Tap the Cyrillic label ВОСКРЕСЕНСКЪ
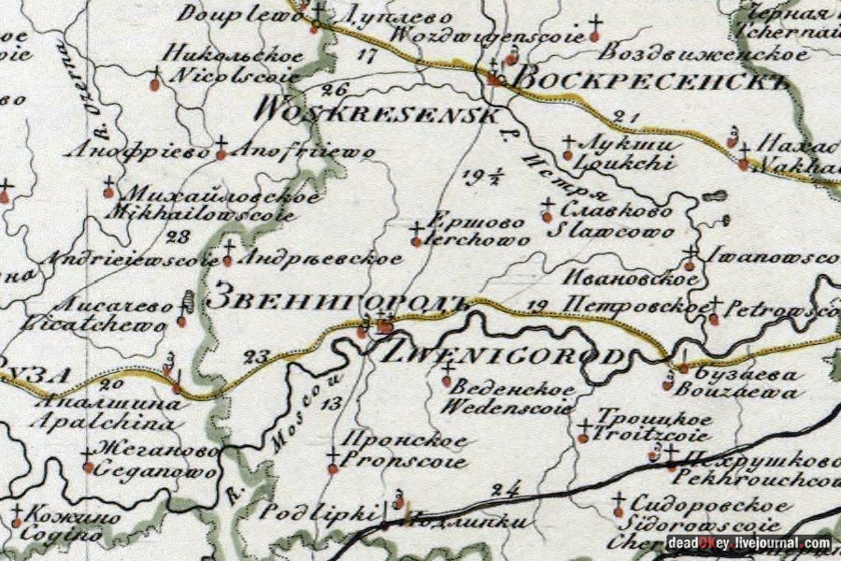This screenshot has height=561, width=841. click(x=652, y=79)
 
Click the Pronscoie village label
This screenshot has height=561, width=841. click(x=403, y=461)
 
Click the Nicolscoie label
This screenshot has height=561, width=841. click(x=225, y=75)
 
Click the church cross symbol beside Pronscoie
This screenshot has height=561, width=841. click(x=333, y=459)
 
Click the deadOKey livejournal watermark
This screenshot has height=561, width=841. click(x=748, y=542)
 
